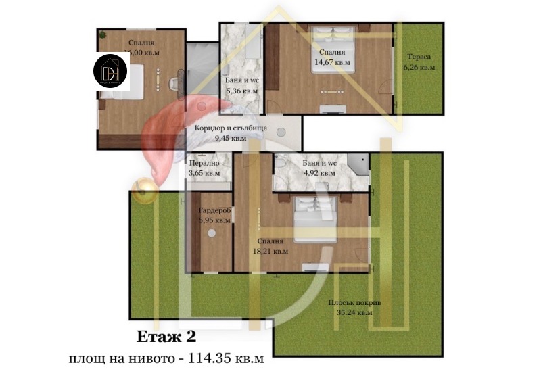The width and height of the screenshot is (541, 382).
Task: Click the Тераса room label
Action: pyautogui.click(x=419, y=57)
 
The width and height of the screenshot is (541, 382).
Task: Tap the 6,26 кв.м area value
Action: pyautogui.click(x=419, y=68)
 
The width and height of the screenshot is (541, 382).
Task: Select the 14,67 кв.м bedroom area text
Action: pyautogui.click(x=332, y=62)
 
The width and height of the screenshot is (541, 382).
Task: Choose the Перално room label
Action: pyautogui.click(x=204, y=164)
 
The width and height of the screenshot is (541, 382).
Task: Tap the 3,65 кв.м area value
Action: pyautogui.click(x=204, y=174)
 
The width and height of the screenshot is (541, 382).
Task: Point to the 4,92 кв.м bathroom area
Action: pyautogui.click(x=318, y=173)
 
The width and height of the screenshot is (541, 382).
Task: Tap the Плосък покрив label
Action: pyautogui.click(x=354, y=303)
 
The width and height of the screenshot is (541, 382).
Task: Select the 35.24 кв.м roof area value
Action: pyautogui.click(x=354, y=313)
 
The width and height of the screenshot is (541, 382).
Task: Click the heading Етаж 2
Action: pyautogui.click(x=166, y=336)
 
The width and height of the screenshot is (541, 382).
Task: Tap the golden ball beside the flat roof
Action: pyautogui.click(x=143, y=189)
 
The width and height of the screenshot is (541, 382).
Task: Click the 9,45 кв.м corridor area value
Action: pyautogui.click(x=230, y=138)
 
